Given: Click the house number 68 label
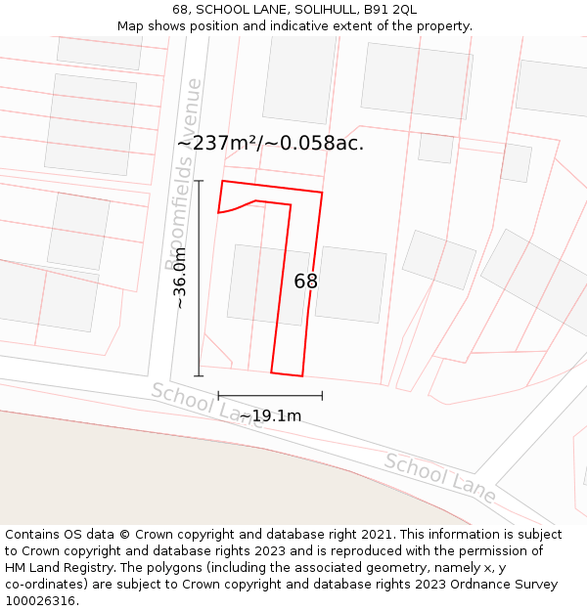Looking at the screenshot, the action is pyautogui.click(x=305, y=282).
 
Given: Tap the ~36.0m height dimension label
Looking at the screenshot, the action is pyautogui.click(x=180, y=278).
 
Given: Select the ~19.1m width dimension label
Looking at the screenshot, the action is pyautogui.click(x=271, y=416).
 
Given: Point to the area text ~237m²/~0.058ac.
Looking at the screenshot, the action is pyautogui.click(x=270, y=143).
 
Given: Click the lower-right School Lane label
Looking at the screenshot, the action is pyautogui.click(x=438, y=477).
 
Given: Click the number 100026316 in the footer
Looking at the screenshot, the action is pyautogui.click(x=41, y=601).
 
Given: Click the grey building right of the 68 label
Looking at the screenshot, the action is pyautogui.click(x=351, y=284).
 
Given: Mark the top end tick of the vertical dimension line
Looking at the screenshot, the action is pyautogui.click(x=199, y=181).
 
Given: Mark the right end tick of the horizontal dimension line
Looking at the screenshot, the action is pyautogui.click(x=322, y=396).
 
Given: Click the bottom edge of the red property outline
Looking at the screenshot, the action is pyautogui.click(x=287, y=374).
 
